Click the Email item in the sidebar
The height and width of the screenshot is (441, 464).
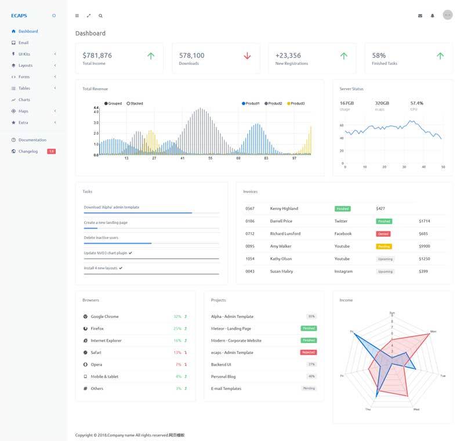[x=23, y=42]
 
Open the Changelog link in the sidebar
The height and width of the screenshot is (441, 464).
[x=28, y=151]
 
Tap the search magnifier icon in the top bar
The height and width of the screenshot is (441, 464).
[x=100, y=16]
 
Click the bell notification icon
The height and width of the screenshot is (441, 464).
[x=432, y=16]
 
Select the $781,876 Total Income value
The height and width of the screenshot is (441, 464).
[x=97, y=56]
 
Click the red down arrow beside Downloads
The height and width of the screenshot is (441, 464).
[x=247, y=56]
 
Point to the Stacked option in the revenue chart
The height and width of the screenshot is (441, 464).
[x=135, y=103]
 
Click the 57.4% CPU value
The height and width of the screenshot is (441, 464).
[x=416, y=103]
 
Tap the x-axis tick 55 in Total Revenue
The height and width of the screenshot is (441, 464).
[x=211, y=158]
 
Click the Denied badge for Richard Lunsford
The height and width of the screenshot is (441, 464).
[x=383, y=234]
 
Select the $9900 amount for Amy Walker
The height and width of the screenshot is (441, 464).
[x=424, y=246]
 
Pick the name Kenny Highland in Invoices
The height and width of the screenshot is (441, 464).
[x=284, y=208]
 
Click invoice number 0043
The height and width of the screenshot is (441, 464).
[x=249, y=272]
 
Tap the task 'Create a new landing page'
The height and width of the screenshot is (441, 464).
[x=106, y=223]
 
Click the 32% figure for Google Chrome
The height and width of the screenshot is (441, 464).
[x=177, y=317]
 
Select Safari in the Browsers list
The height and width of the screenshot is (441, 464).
[x=96, y=352]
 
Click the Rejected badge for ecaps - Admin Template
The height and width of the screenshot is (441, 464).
[x=308, y=352]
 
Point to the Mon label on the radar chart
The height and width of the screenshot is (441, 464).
[x=433, y=331]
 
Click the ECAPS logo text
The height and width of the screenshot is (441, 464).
[x=19, y=16]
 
